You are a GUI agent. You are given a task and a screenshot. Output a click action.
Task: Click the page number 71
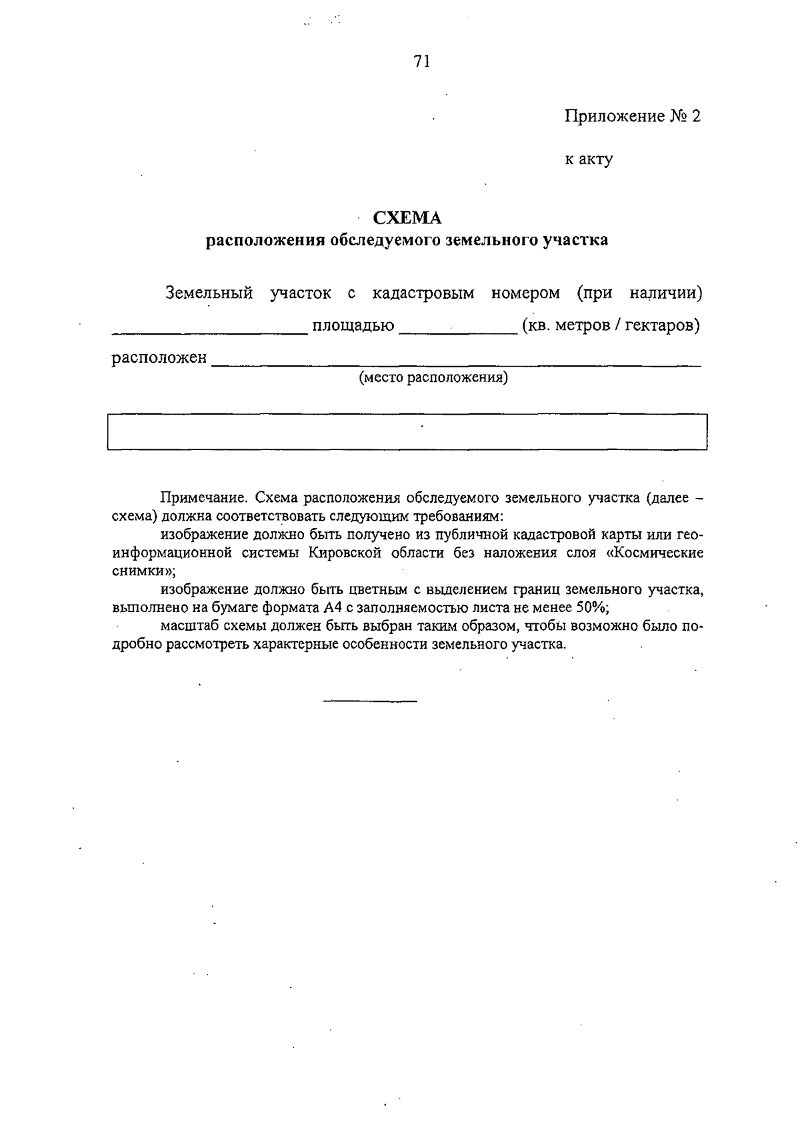422,62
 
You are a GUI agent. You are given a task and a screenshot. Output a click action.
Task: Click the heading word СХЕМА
407,218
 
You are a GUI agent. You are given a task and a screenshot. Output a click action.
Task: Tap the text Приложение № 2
633,117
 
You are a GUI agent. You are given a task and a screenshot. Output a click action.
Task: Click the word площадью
353,326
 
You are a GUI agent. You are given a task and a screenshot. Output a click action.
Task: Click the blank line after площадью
458,331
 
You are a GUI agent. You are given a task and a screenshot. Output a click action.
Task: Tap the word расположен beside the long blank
159,359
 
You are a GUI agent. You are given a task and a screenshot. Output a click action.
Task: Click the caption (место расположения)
433,379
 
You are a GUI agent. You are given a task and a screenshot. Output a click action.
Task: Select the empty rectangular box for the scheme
407,432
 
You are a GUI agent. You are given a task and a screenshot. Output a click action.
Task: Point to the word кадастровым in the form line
423,293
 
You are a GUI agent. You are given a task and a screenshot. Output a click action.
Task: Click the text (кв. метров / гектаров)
611,326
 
